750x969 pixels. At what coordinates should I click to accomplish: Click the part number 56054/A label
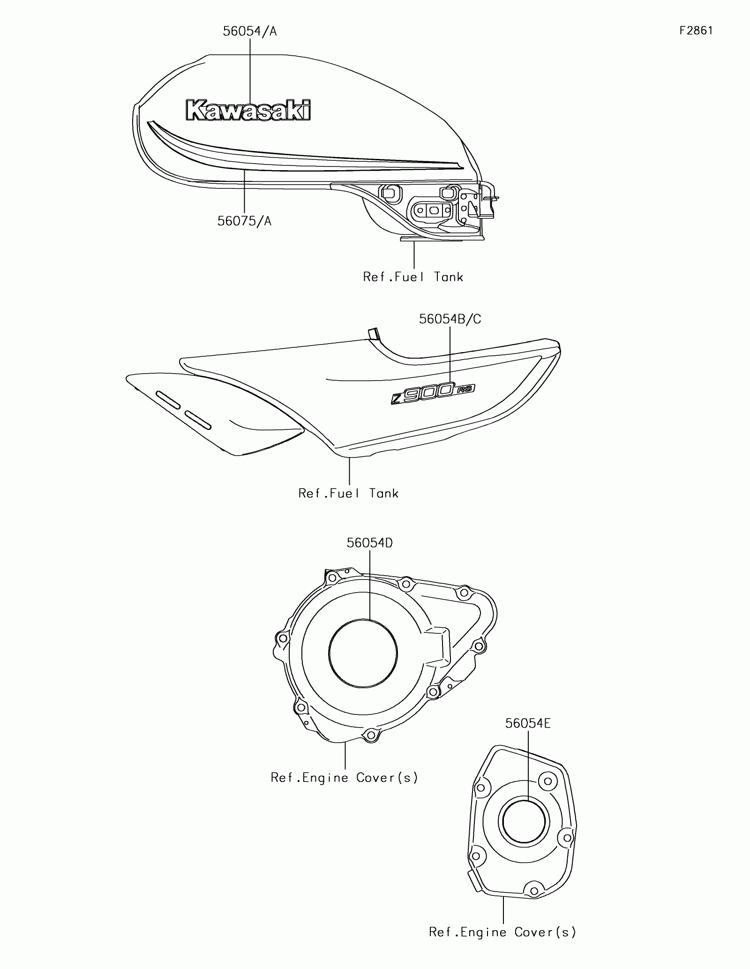[x=249, y=31]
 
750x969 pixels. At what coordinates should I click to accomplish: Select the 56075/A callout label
[x=244, y=221]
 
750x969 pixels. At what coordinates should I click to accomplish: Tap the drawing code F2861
[x=696, y=31]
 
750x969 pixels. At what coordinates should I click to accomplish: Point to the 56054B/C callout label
[x=450, y=319]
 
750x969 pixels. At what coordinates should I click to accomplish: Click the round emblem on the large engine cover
[x=363, y=653]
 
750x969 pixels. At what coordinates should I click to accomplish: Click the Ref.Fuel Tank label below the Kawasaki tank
[x=413, y=277]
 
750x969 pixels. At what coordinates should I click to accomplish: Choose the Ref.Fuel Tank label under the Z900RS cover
[x=348, y=493]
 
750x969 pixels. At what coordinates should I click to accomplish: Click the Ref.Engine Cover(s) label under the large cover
[x=344, y=778]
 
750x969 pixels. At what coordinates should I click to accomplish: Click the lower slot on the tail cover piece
[x=198, y=420]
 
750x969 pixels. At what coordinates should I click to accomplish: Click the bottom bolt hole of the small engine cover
[x=533, y=888]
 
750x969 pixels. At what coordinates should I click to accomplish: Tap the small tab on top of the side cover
[x=373, y=333]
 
